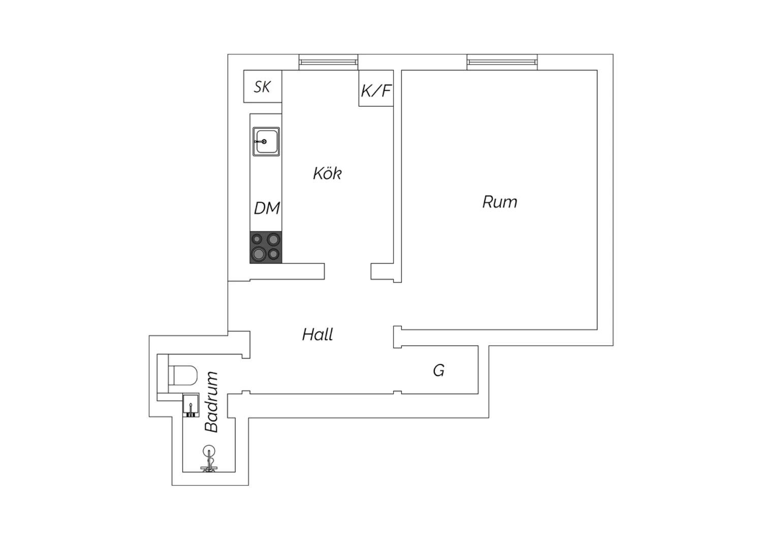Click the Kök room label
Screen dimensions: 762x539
pyautogui.click(x=327, y=173)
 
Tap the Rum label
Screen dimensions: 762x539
pyautogui.click(x=500, y=202)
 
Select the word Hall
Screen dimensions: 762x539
pyautogui.click(x=317, y=335)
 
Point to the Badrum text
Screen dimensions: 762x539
pyautogui.click(x=211, y=402)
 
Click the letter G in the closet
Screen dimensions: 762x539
pyautogui.click(x=439, y=370)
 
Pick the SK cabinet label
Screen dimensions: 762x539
pyautogui.click(x=262, y=87)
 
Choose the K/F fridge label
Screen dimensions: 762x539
pyautogui.click(x=376, y=91)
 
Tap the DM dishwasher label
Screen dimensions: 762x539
pyautogui.click(x=267, y=208)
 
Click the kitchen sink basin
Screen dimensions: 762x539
pyautogui.click(x=266, y=142)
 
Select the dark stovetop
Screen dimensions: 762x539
pyautogui.click(x=266, y=247)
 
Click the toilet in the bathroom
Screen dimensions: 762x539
pyautogui.click(x=183, y=375)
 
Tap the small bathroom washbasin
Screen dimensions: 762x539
pyautogui.click(x=190, y=406)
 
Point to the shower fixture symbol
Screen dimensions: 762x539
pyautogui.click(x=209, y=459)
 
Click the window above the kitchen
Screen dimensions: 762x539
pyautogui.click(x=328, y=63)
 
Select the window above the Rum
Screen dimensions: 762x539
pyautogui.click(x=502, y=63)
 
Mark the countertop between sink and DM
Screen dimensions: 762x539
pyautogui.click(x=266, y=178)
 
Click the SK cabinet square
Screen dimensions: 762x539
pyautogui.click(x=263, y=86)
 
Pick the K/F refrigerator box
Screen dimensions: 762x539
pyautogui.click(x=376, y=88)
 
